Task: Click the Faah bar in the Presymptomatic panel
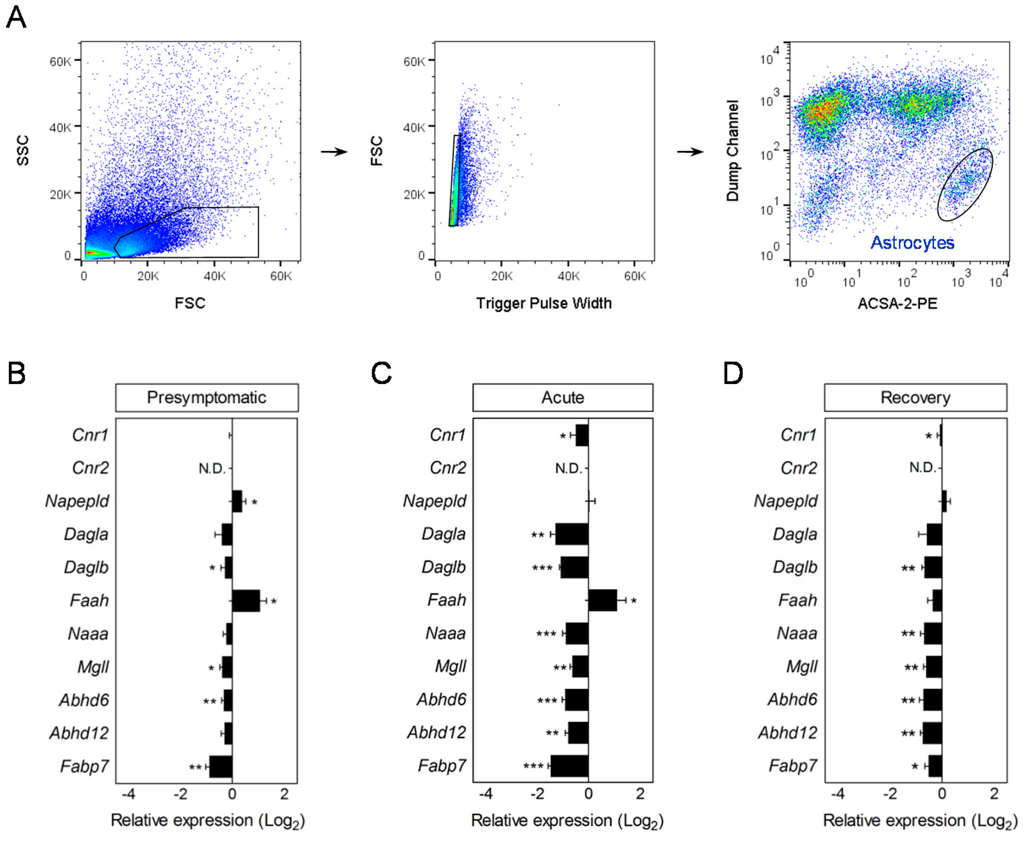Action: pos(246,601)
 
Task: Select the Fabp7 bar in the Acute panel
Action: pos(570,766)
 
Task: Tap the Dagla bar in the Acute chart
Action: pos(572,534)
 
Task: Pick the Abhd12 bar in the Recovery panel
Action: pos(932,733)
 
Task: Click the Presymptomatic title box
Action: pos(207,398)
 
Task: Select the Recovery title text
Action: pos(915,398)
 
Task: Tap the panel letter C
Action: pos(381,374)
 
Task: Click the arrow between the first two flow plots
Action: pos(334,152)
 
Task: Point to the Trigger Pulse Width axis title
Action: pos(543,303)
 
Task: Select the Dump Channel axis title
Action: pos(733,151)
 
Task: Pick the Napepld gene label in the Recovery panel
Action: pos(786,501)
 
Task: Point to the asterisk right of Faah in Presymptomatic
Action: pos(274,602)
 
